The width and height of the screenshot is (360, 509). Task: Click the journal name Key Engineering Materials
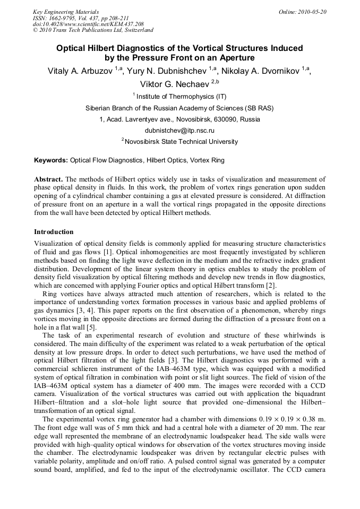point(66,12)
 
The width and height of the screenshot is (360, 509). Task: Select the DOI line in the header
point(88,24)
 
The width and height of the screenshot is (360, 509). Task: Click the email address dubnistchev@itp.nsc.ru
point(179,130)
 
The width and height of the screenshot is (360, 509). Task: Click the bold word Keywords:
point(51,160)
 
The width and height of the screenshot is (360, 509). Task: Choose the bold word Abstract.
point(48,179)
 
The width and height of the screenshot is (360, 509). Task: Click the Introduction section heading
point(54,232)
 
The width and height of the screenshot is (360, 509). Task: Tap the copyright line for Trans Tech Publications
point(93,30)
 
